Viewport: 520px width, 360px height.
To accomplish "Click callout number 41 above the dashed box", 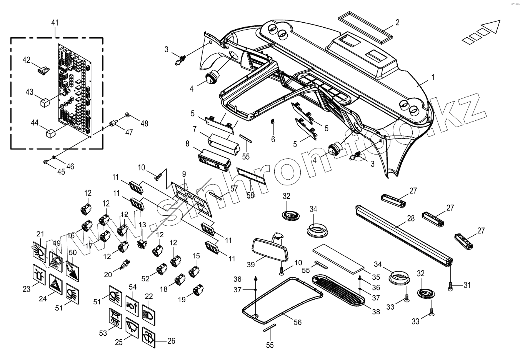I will point(55,23).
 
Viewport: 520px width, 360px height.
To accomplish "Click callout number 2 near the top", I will point(397,22).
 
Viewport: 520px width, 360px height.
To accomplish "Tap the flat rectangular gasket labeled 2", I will point(365,26).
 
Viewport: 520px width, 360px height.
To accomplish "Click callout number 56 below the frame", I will point(297,322).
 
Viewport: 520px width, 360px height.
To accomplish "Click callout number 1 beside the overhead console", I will point(433,77).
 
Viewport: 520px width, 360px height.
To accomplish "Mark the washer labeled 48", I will point(127,115).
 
